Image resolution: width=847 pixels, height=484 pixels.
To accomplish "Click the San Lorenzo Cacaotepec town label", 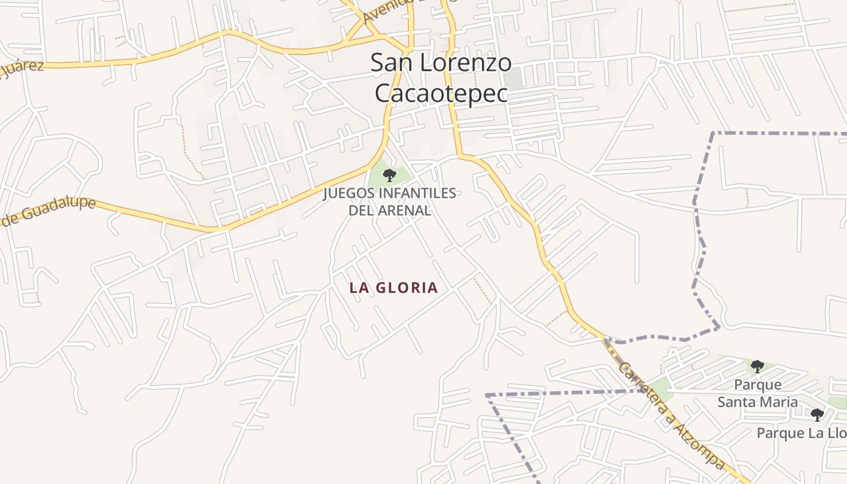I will click(441, 78).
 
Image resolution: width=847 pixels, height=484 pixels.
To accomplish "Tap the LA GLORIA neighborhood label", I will click(394, 287).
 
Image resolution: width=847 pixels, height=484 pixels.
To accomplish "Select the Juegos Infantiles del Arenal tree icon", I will click(390, 175).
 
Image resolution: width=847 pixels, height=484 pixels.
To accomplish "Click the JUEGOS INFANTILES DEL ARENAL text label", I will click(390, 201).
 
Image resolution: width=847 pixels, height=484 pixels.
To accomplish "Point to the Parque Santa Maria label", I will click(757, 393).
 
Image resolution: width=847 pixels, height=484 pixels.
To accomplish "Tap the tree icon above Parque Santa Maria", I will click(757, 366).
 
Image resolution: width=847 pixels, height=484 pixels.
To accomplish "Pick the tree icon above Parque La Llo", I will click(817, 414).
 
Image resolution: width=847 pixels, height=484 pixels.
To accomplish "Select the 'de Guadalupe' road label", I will click(48, 210).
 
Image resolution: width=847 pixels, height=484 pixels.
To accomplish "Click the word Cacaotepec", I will click(441, 93).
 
